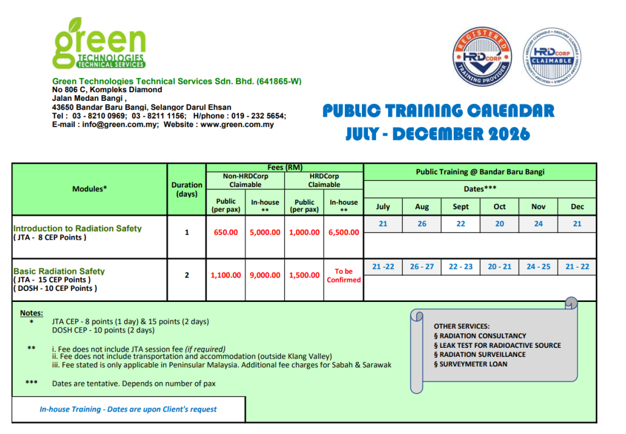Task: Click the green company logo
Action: [x=100, y=43]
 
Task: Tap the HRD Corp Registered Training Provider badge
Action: [x=482, y=57]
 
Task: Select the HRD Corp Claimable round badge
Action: [x=552, y=57]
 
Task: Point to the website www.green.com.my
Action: [x=237, y=125]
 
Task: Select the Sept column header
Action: [x=461, y=207]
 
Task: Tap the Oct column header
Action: [x=499, y=207]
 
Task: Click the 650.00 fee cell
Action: [x=226, y=232]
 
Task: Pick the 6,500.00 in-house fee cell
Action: [x=344, y=232]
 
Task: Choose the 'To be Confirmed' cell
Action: [x=344, y=276]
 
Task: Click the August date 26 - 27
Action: [x=422, y=267]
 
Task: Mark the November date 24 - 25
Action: [x=538, y=267]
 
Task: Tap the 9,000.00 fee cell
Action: [x=265, y=275]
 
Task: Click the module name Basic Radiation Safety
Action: [x=59, y=271]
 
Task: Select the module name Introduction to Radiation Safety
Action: [x=78, y=229]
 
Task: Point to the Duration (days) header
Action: [x=187, y=189]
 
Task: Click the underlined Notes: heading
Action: [x=32, y=313]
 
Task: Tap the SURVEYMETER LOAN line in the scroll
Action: [x=471, y=364]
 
